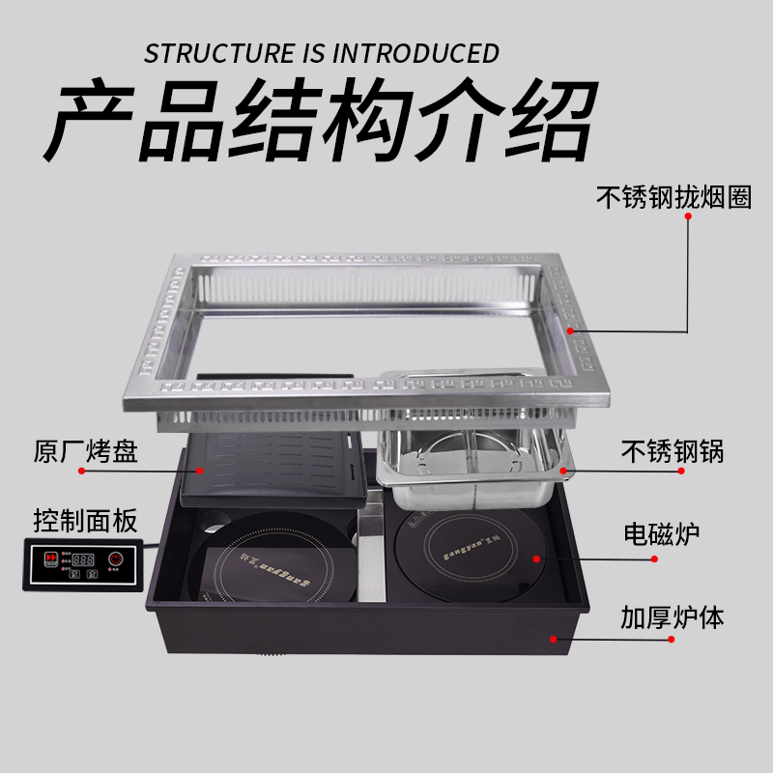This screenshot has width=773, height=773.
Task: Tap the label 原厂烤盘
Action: coord(85,451)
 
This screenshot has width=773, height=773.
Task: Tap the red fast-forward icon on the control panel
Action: coord(46,559)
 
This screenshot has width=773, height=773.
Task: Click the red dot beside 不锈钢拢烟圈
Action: coord(687,218)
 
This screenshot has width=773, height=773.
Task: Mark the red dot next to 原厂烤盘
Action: coord(84,471)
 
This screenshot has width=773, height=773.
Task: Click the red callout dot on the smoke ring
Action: coord(571,330)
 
